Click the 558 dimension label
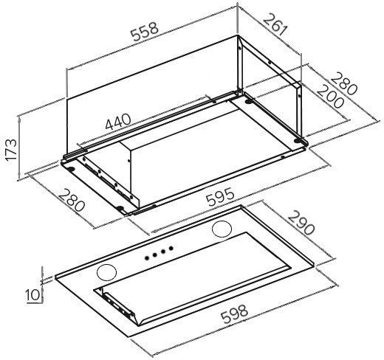pos(145,32)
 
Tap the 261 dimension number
pos(275,25)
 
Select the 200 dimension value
pos(330,97)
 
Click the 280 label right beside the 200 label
pos(343,83)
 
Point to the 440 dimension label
pos(118,121)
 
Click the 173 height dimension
pos(11,150)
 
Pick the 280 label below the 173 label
pos(72,200)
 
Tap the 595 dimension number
pos(220,197)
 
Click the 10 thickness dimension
pos(32,295)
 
